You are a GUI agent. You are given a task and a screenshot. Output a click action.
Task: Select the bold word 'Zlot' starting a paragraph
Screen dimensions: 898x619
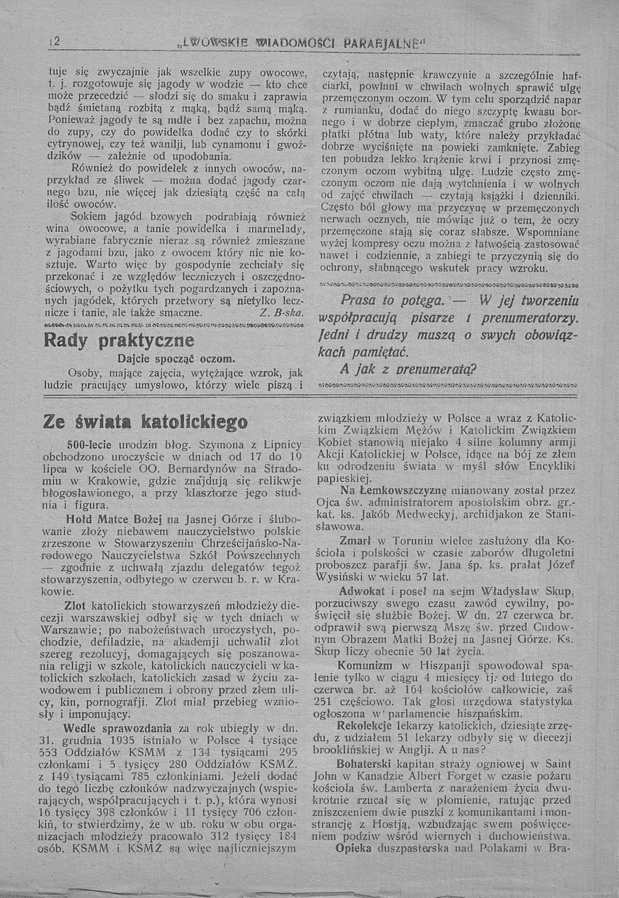tap(78, 605)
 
